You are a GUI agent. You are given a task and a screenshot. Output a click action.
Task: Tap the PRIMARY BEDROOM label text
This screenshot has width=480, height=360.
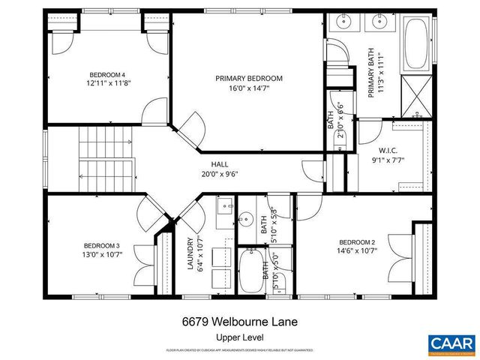tap(248, 78)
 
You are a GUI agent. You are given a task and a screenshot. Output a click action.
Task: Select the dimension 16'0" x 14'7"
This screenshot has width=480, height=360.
tap(248, 88)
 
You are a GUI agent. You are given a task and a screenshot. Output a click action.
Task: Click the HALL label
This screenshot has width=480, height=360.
tap(220, 164)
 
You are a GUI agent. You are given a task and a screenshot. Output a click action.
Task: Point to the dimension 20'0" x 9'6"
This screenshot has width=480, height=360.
tap(220, 174)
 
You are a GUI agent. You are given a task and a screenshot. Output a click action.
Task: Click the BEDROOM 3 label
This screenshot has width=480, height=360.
tap(101, 245)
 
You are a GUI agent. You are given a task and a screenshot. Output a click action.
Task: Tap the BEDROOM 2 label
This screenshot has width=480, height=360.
tap(356, 242)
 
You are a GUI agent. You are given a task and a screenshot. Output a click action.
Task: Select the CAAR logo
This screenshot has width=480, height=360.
tap(451, 343)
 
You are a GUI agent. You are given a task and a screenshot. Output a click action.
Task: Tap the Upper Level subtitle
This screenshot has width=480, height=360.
tap(239, 337)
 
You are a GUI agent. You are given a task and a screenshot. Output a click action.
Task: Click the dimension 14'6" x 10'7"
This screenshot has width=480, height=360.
tap(356, 252)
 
